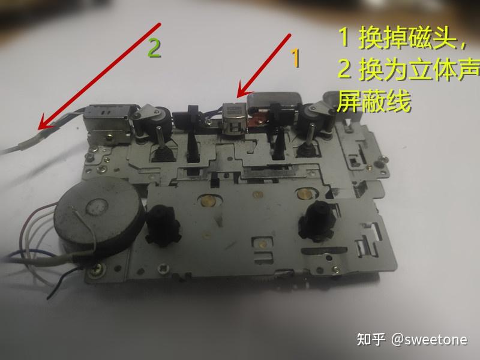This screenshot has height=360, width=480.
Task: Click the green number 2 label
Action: pyautogui.click(x=154, y=48)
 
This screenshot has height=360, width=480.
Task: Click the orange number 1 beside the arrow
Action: pyautogui.click(x=295, y=58)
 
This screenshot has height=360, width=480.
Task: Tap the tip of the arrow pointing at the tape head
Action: pyautogui.click(x=238, y=97)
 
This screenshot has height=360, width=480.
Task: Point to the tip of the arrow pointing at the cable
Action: pyautogui.click(x=38, y=129)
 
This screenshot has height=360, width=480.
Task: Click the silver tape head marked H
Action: pyautogui.click(x=234, y=119)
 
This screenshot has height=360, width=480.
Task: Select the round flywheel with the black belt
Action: pyautogui.click(x=98, y=214)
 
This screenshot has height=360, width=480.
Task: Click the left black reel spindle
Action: pyautogui.click(x=162, y=225)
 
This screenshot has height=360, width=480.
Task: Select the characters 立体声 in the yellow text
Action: pyautogui.click(x=444, y=70)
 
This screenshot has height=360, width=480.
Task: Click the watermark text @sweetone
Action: pyautogui.click(x=429, y=340)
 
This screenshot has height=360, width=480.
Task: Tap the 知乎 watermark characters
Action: pyautogui.click(x=371, y=339)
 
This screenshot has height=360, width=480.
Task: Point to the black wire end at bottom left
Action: pyautogui.click(x=49, y=298)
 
